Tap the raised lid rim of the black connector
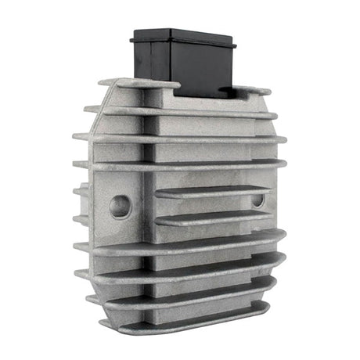pos(185,36)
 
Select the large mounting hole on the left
pos(120,206)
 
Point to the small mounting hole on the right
pos(257,200)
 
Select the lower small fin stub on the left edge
pos(81,220)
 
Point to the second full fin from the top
pos(180,112)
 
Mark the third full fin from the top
pos(180,139)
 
